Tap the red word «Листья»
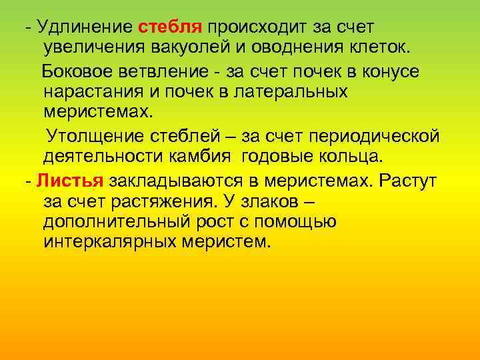(x=69, y=180)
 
